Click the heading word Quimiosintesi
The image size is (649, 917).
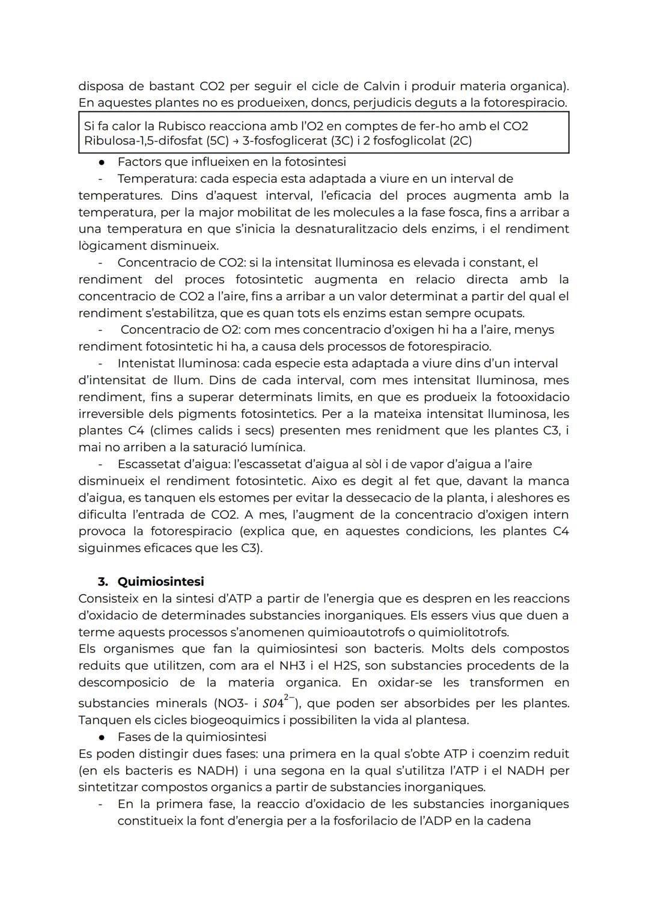tap(160, 581)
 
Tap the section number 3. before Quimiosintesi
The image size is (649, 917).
tap(103, 581)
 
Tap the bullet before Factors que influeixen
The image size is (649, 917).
tap(103, 162)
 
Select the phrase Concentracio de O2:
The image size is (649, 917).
tap(180, 330)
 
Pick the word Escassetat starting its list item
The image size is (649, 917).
tap(147, 464)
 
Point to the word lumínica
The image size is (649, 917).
tap(281, 447)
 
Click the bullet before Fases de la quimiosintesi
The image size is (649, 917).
tap(103, 737)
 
